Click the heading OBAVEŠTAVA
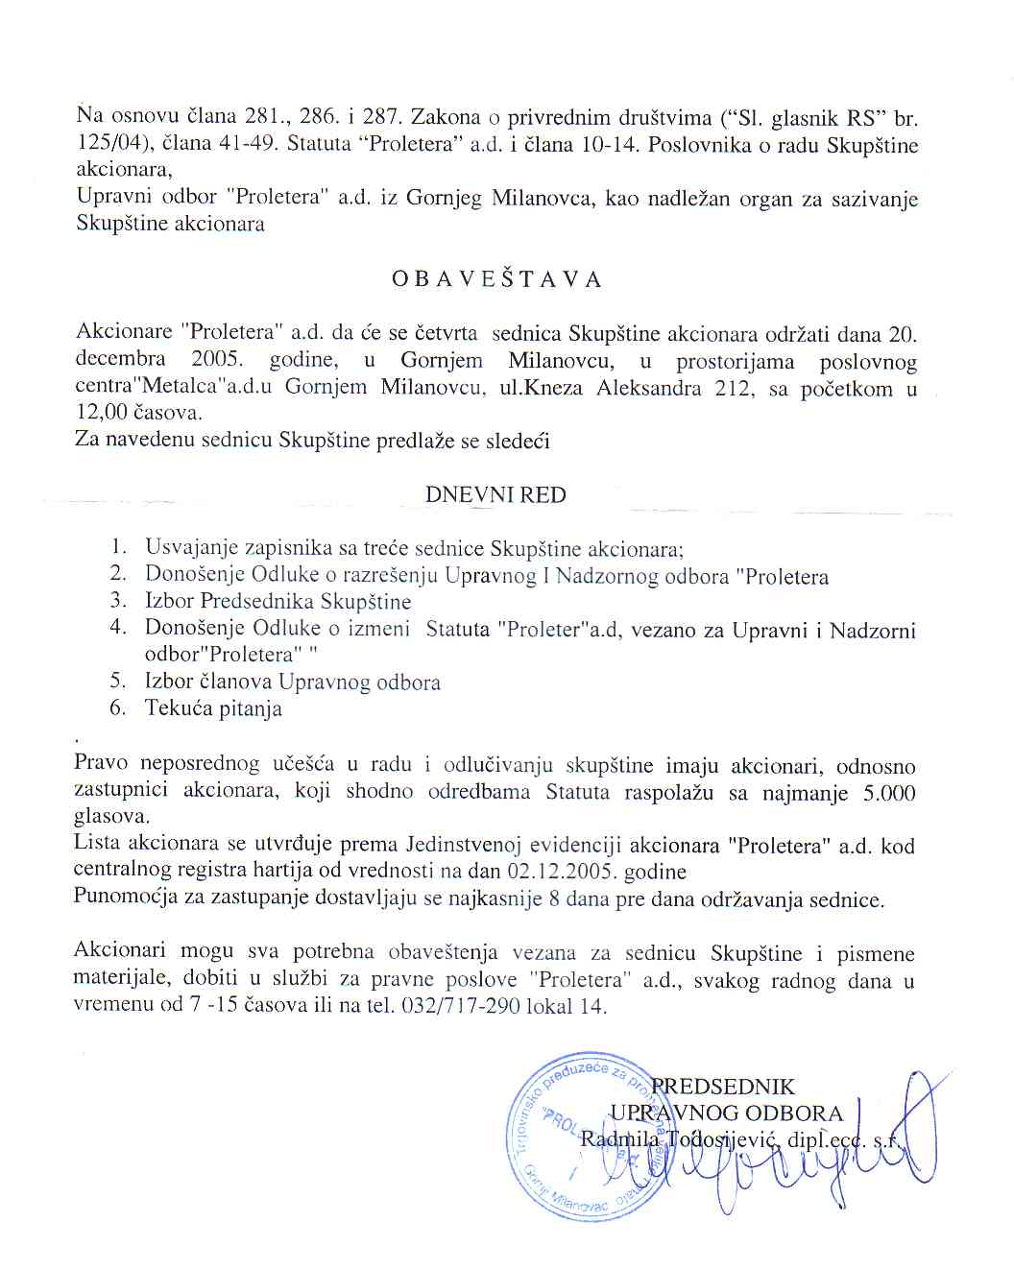[496, 279]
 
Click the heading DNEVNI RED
[495, 495]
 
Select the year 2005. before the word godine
[216, 360]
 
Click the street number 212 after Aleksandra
[735, 388]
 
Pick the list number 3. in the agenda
[118, 601]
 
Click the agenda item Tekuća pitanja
[213, 709]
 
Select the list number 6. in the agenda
[118, 708]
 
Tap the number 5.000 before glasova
[888, 793]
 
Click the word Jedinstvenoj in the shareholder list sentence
[466, 846]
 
